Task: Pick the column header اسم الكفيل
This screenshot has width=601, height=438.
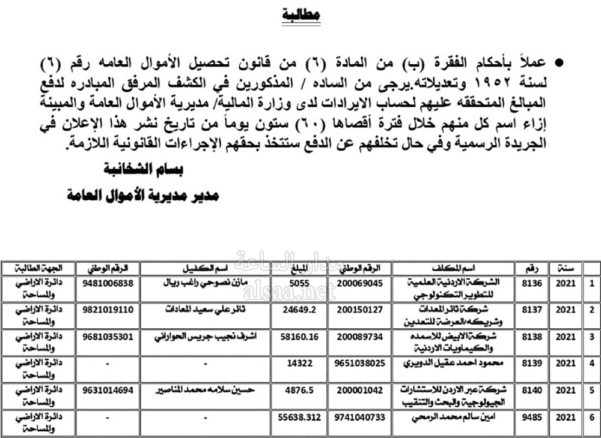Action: (x=207, y=268)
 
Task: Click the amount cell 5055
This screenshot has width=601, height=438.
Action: (x=299, y=283)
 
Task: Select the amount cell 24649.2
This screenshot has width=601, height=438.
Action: (x=299, y=310)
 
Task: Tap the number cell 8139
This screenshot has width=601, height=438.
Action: (x=533, y=362)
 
